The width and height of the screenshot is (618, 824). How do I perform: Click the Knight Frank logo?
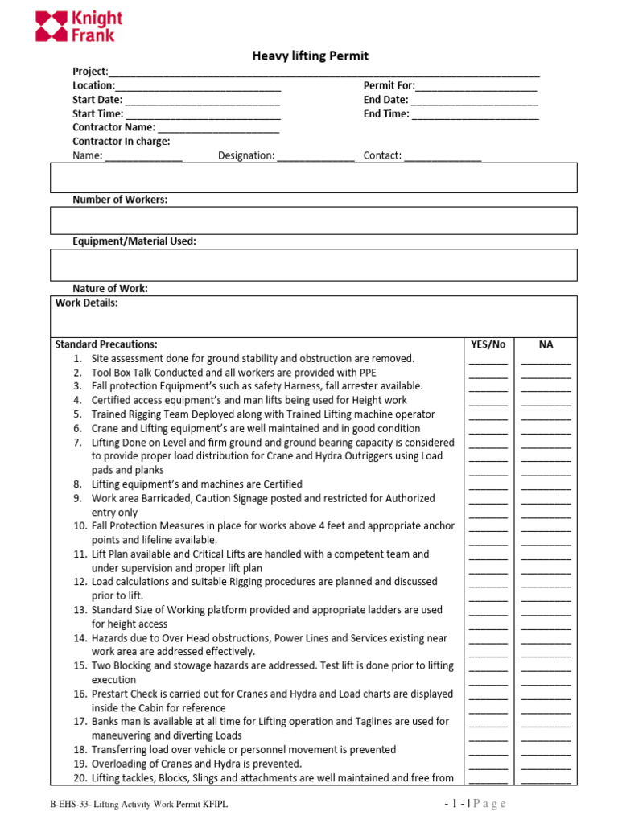(79, 26)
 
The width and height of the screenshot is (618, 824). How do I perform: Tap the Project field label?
(89, 72)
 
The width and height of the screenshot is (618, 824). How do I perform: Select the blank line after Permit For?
(476, 86)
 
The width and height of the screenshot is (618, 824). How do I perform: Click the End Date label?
(385, 100)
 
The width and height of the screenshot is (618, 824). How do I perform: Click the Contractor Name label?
(113, 127)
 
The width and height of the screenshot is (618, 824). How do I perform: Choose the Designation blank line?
(315, 156)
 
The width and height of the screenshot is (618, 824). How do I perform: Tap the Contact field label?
(382, 156)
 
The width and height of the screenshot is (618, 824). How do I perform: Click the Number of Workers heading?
(120, 200)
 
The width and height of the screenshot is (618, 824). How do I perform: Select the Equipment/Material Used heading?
(134, 241)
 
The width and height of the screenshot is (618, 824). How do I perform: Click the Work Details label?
(86, 303)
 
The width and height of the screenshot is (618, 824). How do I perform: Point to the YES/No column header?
(488, 344)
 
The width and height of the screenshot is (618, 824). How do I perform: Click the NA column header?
(546, 344)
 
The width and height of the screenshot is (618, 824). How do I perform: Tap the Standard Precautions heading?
(105, 344)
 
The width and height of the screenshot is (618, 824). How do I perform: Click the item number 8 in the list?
(77, 484)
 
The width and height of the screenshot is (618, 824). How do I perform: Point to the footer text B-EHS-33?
(66, 805)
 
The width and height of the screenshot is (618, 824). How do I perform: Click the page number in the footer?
(457, 804)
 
